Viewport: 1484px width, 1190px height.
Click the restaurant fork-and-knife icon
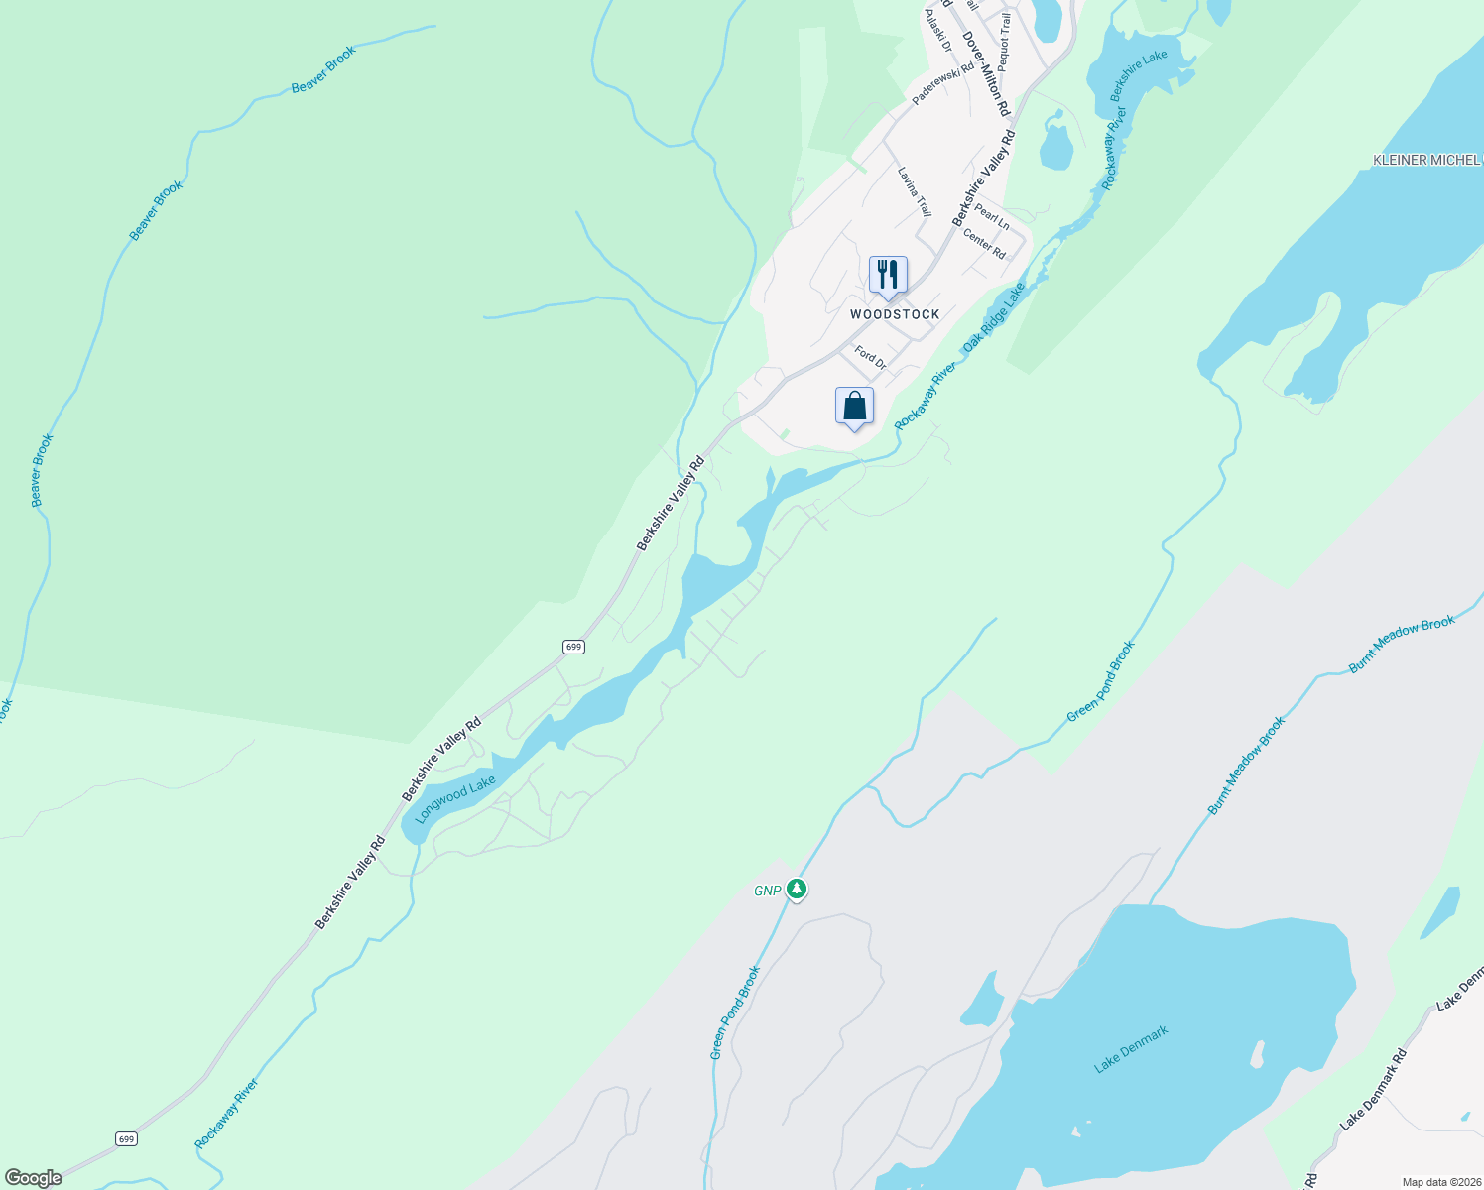pyautogui.click(x=888, y=275)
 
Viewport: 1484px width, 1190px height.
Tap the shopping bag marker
pyautogui.click(x=854, y=406)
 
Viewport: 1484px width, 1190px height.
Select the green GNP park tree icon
pyautogui.click(x=796, y=889)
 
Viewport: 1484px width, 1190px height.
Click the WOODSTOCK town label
pyautogui.click(x=895, y=314)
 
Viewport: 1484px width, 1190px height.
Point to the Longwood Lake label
pyautogui.click(x=455, y=799)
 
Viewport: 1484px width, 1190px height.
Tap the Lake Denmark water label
pyautogui.click(x=1131, y=1049)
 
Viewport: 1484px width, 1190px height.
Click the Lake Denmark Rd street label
pyautogui.click(x=1373, y=1090)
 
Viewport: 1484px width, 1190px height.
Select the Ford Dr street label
pyautogui.click(x=870, y=357)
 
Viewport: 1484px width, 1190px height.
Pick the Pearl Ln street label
pyautogui.click(x=991, y=217)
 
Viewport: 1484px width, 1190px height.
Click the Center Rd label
pyautogui.click(x=984, y=244)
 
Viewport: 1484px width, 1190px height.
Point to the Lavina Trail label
pyautogui.click(x=915, y=191)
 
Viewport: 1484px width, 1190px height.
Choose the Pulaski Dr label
pyautogui.click(x=937, y=31)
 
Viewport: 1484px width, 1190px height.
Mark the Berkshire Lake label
pyautogui.click(x=1138, y=76)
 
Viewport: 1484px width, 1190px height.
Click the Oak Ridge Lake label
pyautogui.click(x=993, y=316)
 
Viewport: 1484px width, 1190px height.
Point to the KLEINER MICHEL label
pyautogui.click(x=1426, y=160)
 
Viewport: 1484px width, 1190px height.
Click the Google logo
pyautogui.click(x=33, y=1178)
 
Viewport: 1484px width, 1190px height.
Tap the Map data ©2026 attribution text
pyautogui.click(x=1440, y=1182)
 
